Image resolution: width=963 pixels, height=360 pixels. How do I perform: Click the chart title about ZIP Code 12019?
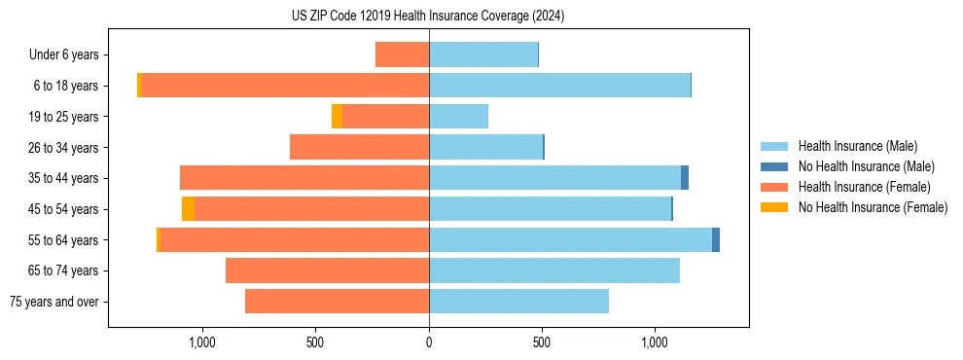[428, 17]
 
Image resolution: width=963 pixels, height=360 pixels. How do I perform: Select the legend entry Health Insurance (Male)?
[857, 146]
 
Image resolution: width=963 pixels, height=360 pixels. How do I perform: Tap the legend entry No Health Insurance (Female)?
[873, 207]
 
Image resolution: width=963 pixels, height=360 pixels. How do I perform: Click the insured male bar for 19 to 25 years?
[458, 117]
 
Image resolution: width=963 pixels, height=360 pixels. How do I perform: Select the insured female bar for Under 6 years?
[402, 54]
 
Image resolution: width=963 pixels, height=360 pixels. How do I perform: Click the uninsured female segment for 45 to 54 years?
[188, 209]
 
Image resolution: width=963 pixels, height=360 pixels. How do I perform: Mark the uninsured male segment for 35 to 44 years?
[685, 178]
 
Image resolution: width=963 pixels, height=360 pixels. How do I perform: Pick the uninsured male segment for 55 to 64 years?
[716, 239]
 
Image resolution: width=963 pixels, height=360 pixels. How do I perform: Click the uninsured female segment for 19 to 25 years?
[337, 117]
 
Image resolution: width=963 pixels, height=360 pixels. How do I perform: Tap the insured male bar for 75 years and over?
[518, 302]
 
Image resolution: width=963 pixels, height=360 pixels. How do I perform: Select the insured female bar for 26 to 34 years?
[359, 147]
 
